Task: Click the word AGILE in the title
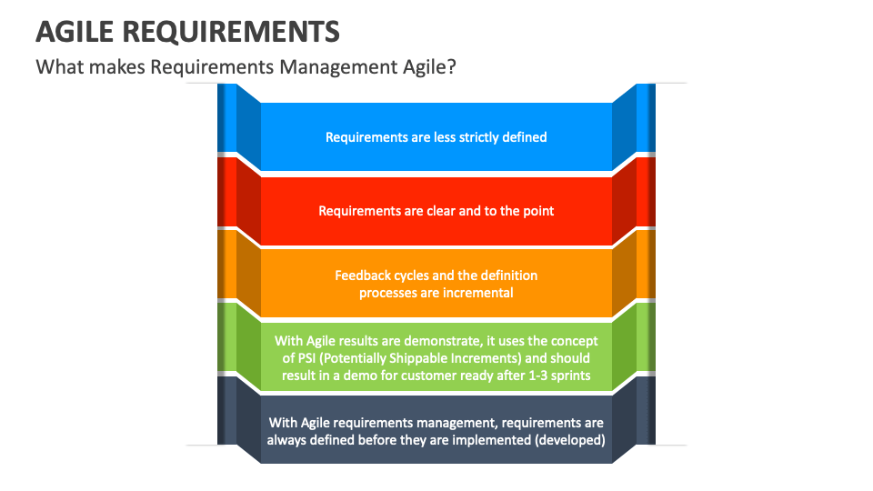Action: [74, 32]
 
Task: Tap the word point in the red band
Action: [537, 210]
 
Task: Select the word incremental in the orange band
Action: [478, 292]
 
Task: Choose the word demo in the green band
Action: [373, 375]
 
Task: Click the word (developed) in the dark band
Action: [569, 439]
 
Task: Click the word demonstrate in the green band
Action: [434, 340]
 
